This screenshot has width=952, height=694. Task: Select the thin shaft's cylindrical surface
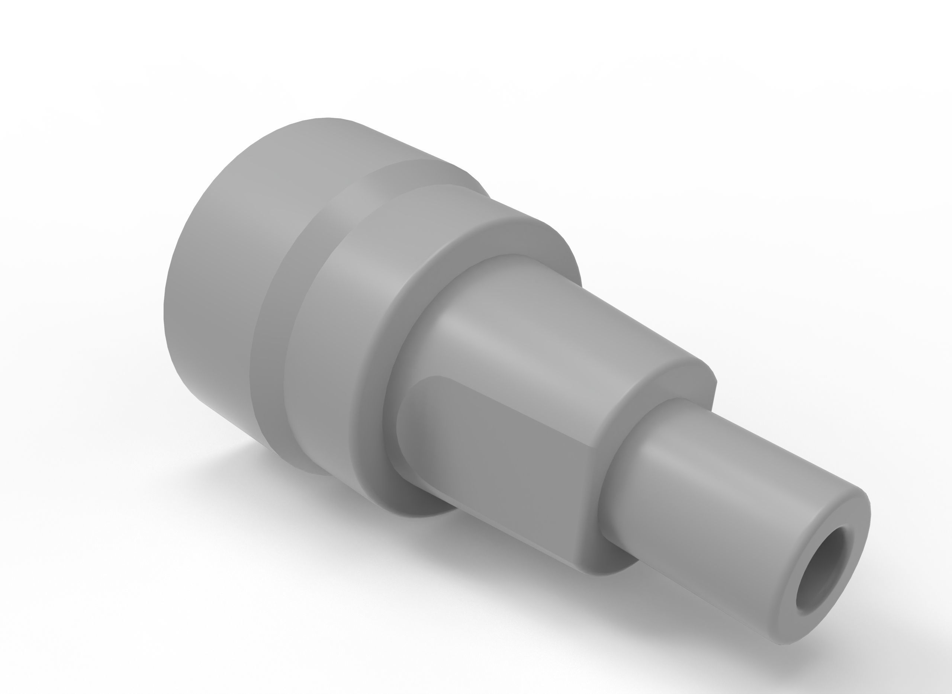714,496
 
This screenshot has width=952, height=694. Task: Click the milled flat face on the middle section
504,454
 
